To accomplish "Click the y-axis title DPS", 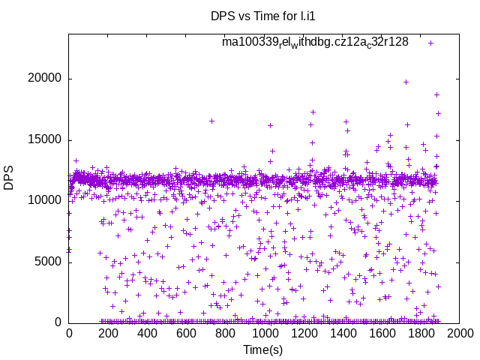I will point(9,177).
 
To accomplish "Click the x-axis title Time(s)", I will point(262,349).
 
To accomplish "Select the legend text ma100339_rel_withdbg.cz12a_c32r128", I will point(315,42).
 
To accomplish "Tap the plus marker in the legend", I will point(431,43).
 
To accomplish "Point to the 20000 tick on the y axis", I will point(46,79).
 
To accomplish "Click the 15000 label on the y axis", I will point(46,139).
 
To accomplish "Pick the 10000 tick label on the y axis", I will point(46,200).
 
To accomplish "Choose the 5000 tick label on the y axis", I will point(49,262).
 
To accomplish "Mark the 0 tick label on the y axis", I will point(58,322).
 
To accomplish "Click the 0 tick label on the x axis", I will point(69,333).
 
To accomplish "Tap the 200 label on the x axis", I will point(108,333).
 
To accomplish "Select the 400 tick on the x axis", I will point(147,333).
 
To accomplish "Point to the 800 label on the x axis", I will point(226,333).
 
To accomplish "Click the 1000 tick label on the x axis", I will point(265,333).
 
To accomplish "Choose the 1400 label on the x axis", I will point(343,333).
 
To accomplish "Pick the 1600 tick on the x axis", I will point(382,333).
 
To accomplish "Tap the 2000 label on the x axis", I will point(460,333).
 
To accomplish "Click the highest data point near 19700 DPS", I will point(406,82).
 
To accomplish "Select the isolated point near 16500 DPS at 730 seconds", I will point(212,121).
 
